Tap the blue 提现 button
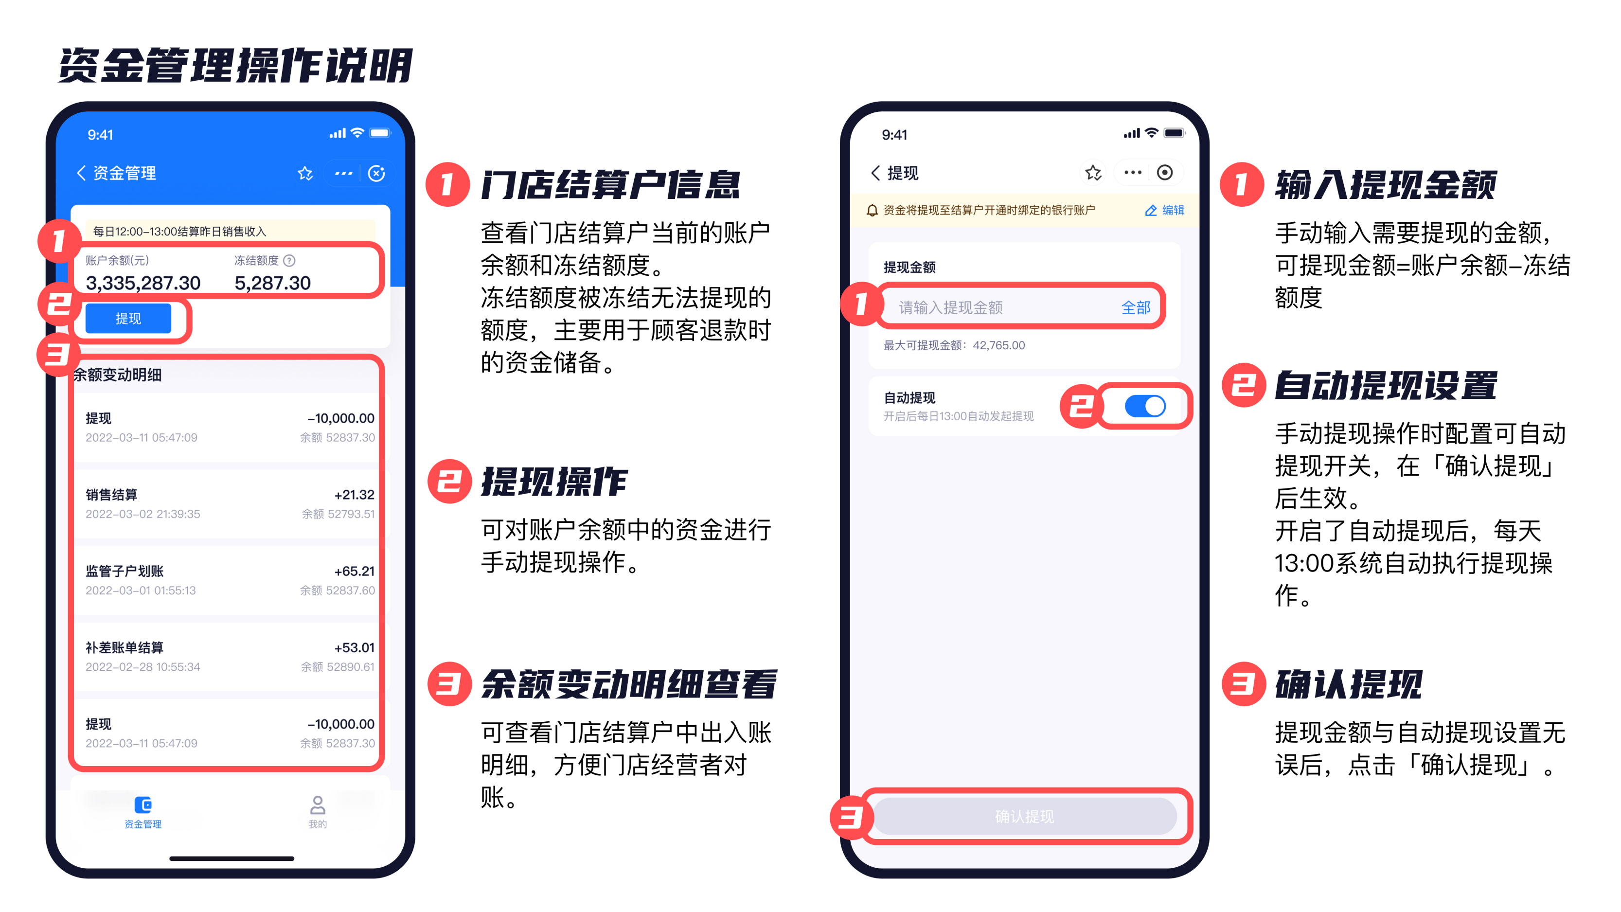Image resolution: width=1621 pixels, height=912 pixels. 128,319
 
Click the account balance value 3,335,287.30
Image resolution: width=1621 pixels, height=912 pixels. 143,283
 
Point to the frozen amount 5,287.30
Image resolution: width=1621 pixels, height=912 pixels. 272,283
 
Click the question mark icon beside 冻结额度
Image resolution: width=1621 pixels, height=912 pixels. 289,261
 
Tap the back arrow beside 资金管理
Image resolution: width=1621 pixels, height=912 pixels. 81,173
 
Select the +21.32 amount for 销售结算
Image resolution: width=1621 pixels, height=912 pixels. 354,495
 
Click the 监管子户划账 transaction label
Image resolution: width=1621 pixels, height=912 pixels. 125,571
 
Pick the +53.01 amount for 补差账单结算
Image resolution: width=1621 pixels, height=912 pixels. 354,648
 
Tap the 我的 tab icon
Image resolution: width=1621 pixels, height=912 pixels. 318,805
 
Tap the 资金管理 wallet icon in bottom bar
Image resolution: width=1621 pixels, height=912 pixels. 143,805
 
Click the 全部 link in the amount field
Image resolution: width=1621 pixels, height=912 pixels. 1136,308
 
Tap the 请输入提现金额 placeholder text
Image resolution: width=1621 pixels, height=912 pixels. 950,308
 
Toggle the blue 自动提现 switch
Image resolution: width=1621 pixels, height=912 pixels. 1145,406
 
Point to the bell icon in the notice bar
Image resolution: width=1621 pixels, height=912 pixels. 872,210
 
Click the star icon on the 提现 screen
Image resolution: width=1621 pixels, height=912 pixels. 1093,173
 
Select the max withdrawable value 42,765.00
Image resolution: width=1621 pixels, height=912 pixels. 998,345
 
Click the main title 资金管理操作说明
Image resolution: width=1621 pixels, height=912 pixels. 235,66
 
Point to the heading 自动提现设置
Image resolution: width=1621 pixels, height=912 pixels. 1386,385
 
